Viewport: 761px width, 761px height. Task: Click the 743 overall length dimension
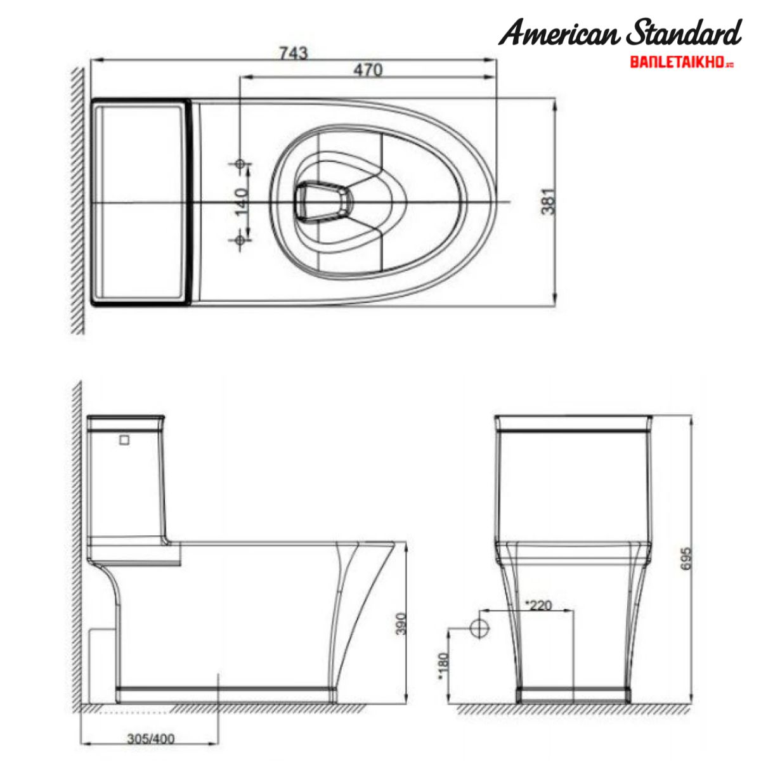click(294, 53)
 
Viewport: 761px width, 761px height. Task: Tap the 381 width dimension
click(549, 201)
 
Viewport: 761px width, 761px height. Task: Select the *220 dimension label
click(539, 605)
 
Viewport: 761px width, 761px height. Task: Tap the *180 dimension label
click(443, 667)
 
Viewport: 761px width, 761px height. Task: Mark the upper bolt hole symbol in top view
click(240, 164)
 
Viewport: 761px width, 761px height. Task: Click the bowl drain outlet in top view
click(322, 201)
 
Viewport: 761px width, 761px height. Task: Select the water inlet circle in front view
click(479, 628)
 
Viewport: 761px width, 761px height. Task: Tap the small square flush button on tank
click(125, 439)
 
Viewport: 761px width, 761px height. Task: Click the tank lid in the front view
click(573, 423)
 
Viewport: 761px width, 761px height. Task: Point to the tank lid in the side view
click(126, 422)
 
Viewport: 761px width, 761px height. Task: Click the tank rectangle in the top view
click(141, 201)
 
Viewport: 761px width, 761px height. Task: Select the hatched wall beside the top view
click(77, 201)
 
